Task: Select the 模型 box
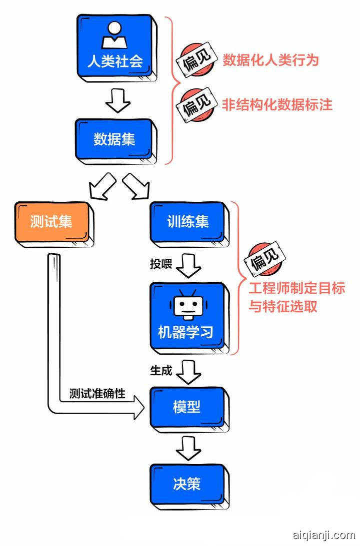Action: coord(187,407)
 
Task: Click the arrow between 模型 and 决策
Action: coord(188,448)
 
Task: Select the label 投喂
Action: coord(161,263)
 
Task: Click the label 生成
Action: coord(161,371)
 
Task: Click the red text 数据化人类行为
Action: coord(270,60)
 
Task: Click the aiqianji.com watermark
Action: coord(323,536)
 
